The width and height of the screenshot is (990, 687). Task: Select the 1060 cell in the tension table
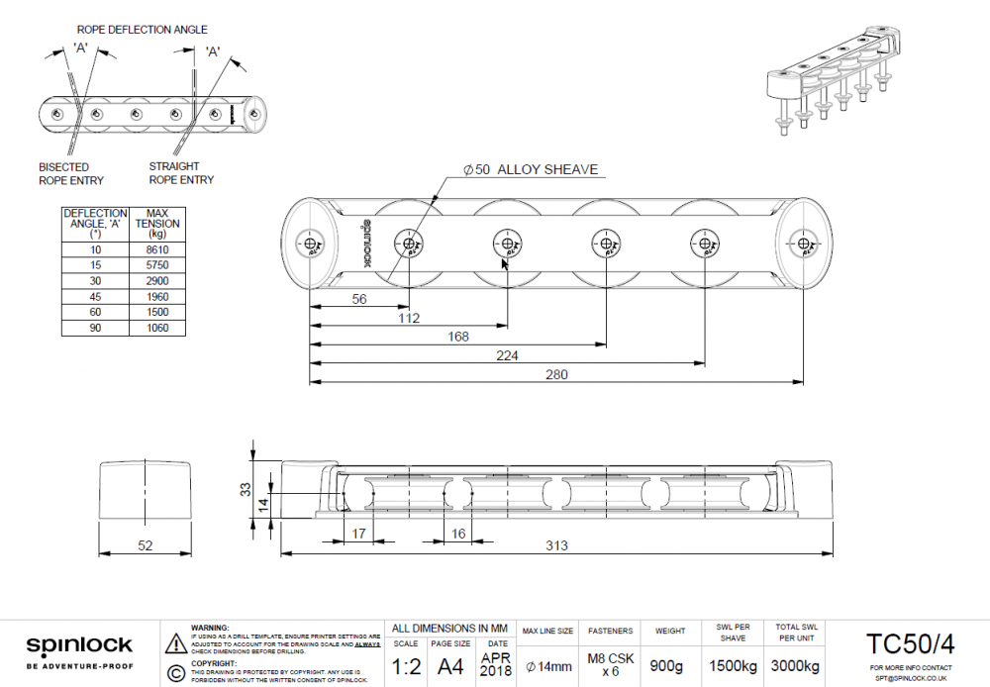pos(156,328)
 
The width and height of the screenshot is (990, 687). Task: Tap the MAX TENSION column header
pos(156,223)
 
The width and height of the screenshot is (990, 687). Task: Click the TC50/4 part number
pos(910,644)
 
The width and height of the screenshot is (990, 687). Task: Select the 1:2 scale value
pos(407,666)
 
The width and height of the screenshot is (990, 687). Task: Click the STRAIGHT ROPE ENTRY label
pos(181,173)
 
